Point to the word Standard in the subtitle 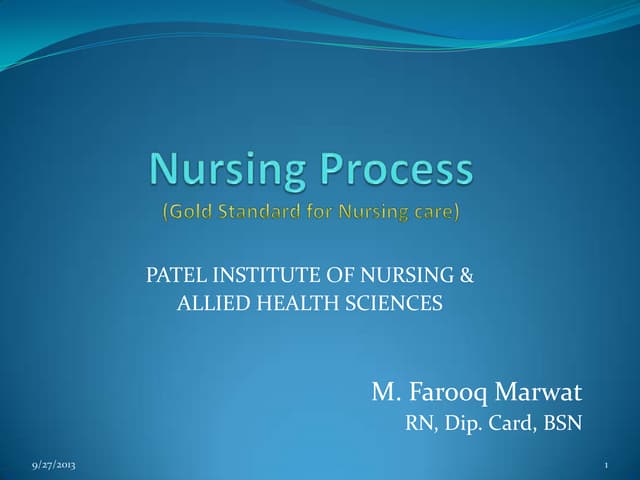click(x=257, y=212)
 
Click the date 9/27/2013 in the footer click(x=52, y=467)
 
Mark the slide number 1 click(x=607, y=467)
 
